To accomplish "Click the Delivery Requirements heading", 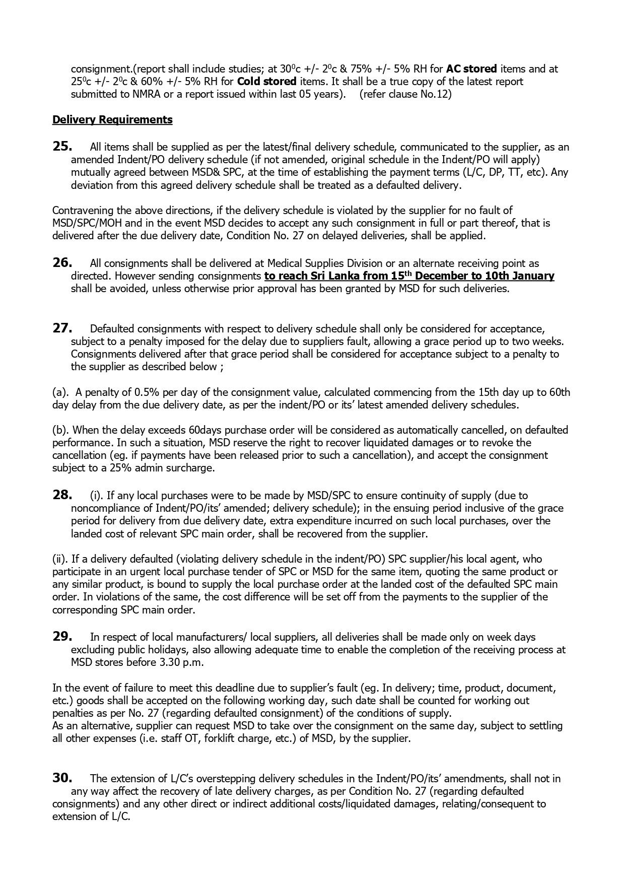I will [x=112, y=120].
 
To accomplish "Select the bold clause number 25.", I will [x=62, y=147].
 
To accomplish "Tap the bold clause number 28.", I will [x=62, y=495].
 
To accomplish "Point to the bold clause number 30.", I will [x=62, y=778].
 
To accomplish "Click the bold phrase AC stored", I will [x=471, y=69].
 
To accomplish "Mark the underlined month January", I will [x=533, y=276].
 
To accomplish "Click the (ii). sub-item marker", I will [x=60, y=559].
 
